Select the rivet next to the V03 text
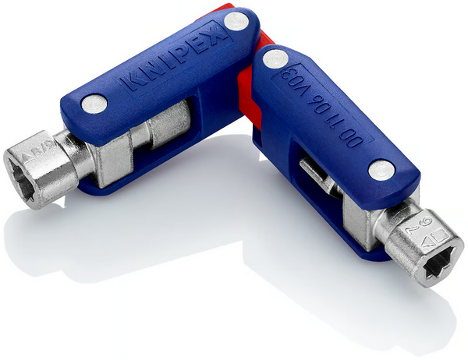pyautogui.click(x=274, y=58)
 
